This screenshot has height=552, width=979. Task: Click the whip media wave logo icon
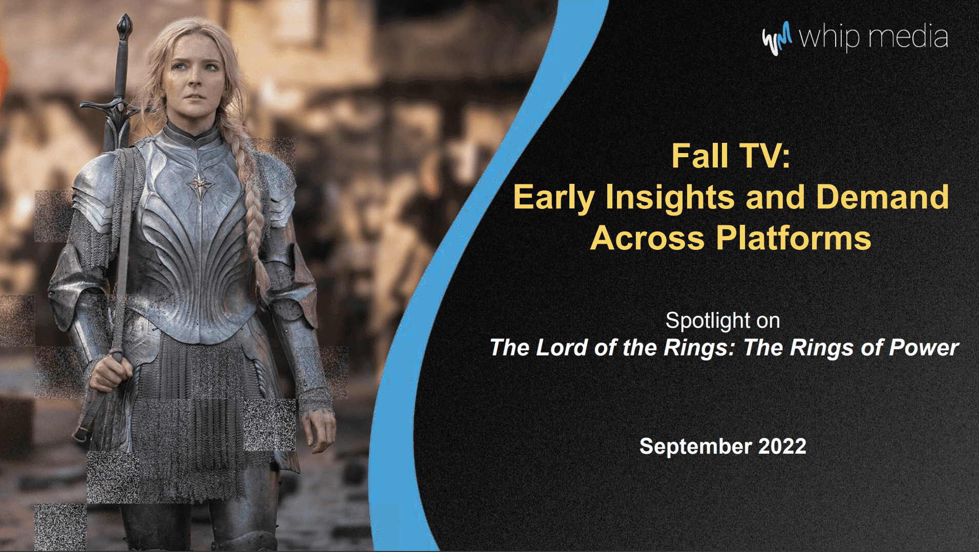pos(776,38)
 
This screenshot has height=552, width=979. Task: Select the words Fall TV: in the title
pos(731,156)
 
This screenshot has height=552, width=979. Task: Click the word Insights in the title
pos(671,197)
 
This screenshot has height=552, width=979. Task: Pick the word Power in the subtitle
pos(924,348)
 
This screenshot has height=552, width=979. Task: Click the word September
pos(695,446)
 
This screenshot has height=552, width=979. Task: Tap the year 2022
pos(782,446)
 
